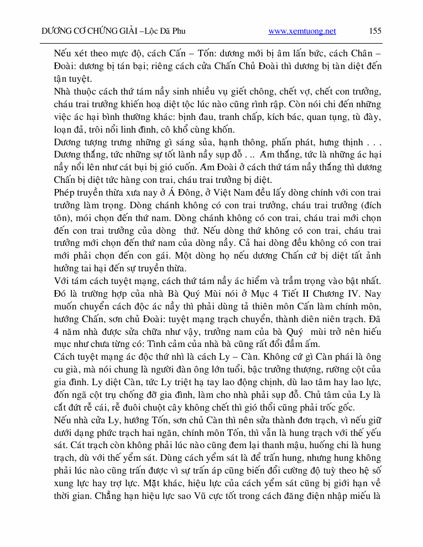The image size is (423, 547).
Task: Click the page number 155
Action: pyautogui.click(x=375, y=31)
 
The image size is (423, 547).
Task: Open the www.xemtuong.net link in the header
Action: pyautogui.click(x=302, y=31)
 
